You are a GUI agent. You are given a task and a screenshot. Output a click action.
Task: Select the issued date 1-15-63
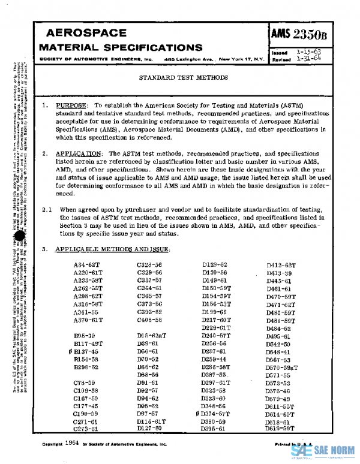308,53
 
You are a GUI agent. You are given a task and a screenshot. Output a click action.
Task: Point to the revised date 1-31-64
308,59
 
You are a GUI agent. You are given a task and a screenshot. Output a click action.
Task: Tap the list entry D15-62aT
152,336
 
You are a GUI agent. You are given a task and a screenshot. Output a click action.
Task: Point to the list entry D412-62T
281,264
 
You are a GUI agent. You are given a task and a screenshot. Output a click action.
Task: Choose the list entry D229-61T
216,328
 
